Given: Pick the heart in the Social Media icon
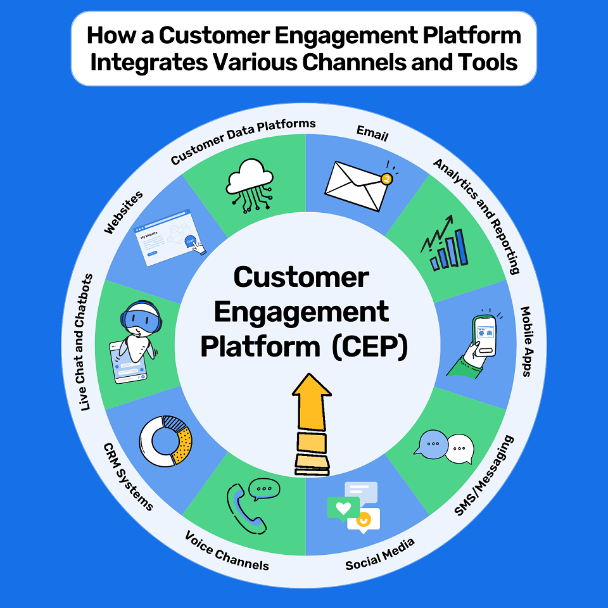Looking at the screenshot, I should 343,508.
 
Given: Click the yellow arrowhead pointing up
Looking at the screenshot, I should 313,393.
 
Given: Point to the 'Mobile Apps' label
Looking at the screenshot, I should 525,341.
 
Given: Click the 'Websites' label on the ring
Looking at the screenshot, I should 123,212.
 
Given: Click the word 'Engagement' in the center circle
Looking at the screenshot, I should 301,312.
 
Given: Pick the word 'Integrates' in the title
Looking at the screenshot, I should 146,63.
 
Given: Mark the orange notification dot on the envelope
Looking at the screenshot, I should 386,180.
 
